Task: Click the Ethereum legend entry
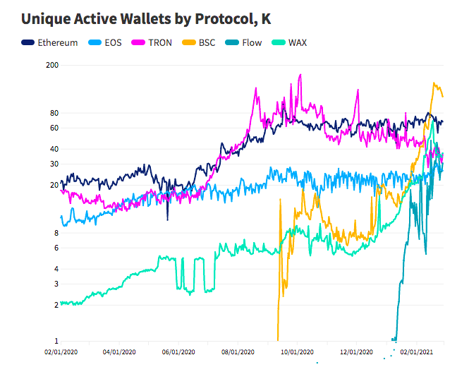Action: click(x=49, y=42)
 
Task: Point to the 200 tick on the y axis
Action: click(x=51, y=65)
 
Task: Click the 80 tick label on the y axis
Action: click(x=54, y=113)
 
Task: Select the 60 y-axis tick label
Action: click(x=54, y=128)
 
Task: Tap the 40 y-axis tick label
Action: click(x=54, y=149)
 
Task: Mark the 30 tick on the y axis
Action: click(x=54, y=164)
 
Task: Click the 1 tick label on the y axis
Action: click(x=56, y=341)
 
